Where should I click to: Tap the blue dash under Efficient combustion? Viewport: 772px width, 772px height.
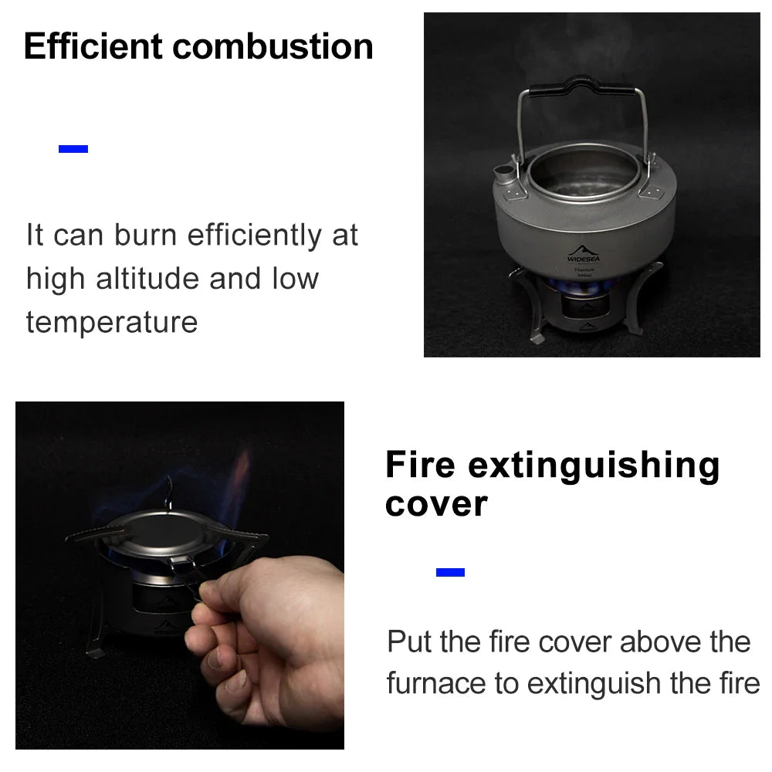pos(73,149)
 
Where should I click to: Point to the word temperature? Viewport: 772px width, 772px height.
pos(112,321)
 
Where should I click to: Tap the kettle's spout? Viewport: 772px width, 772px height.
pos(503,173)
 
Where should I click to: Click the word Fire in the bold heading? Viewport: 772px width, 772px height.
pos(420,466)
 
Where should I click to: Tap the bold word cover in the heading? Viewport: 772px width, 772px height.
pos(436,504)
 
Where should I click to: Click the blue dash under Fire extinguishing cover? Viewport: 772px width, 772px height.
pos(450,572)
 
